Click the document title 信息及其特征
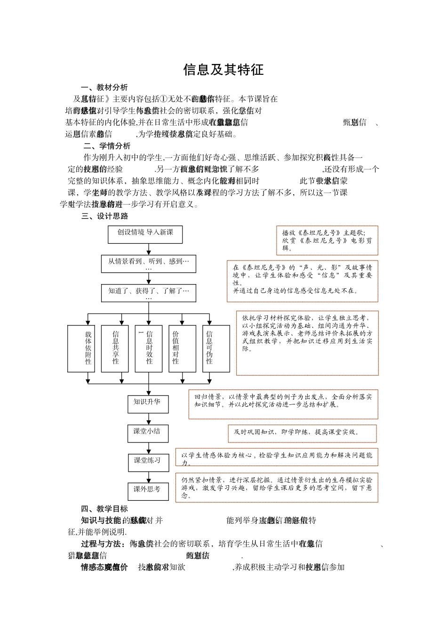tap(223, 70)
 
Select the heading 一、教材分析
tap(104, 87)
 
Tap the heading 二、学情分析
tap(107, 146)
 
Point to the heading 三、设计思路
tap(104, 216)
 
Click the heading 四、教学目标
tap(104, 509)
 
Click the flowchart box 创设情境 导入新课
tap(145, 234)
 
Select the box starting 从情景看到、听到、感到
tap(148, 264)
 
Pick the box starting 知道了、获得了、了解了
tap(148, 293)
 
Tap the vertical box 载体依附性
tap(88, 348)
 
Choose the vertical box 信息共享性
tap(115, 348)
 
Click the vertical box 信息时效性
tap(149, 348)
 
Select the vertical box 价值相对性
tap(176, 348)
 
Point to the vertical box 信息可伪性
tap(209, 348)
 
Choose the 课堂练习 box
tap(148, 462)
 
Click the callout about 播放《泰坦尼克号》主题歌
tap(327, 240)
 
